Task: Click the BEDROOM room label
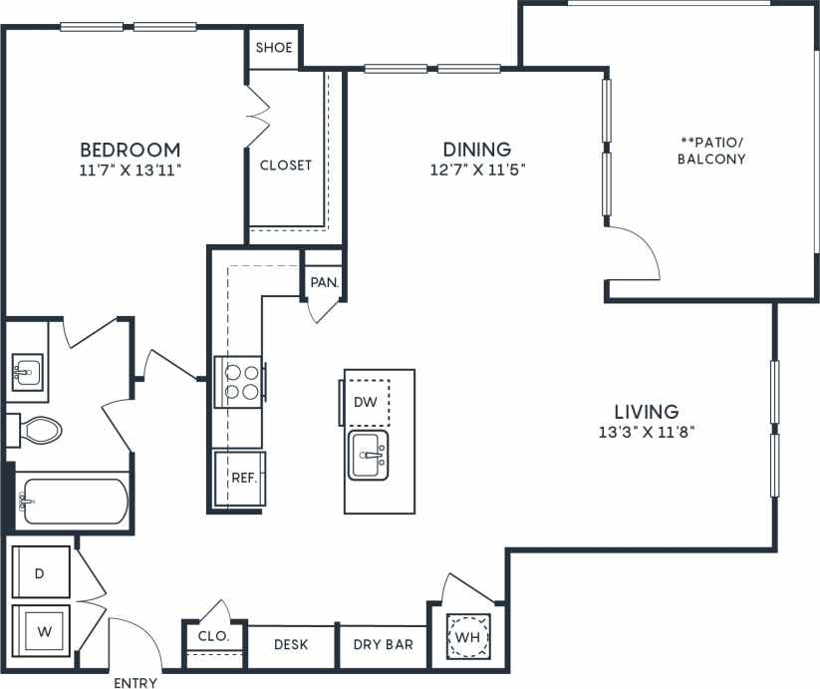[130, 150]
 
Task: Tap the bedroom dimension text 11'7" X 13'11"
[130, 171]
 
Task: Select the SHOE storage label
[273, 48]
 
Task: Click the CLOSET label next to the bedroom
[285, 166]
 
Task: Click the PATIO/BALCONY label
[711, 151]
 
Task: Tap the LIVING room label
[646, 411]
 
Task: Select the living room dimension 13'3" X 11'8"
[646, 432]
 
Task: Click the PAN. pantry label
[324, 282]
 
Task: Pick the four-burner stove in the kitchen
[240, 382]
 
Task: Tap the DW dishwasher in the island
[366, 402]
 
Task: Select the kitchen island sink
[369, 456]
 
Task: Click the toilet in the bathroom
[37, 430]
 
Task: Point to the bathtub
[73, 501]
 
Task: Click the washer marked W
[41, 630]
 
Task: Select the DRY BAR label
[383, 645]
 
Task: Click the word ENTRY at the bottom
[136, 682]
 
